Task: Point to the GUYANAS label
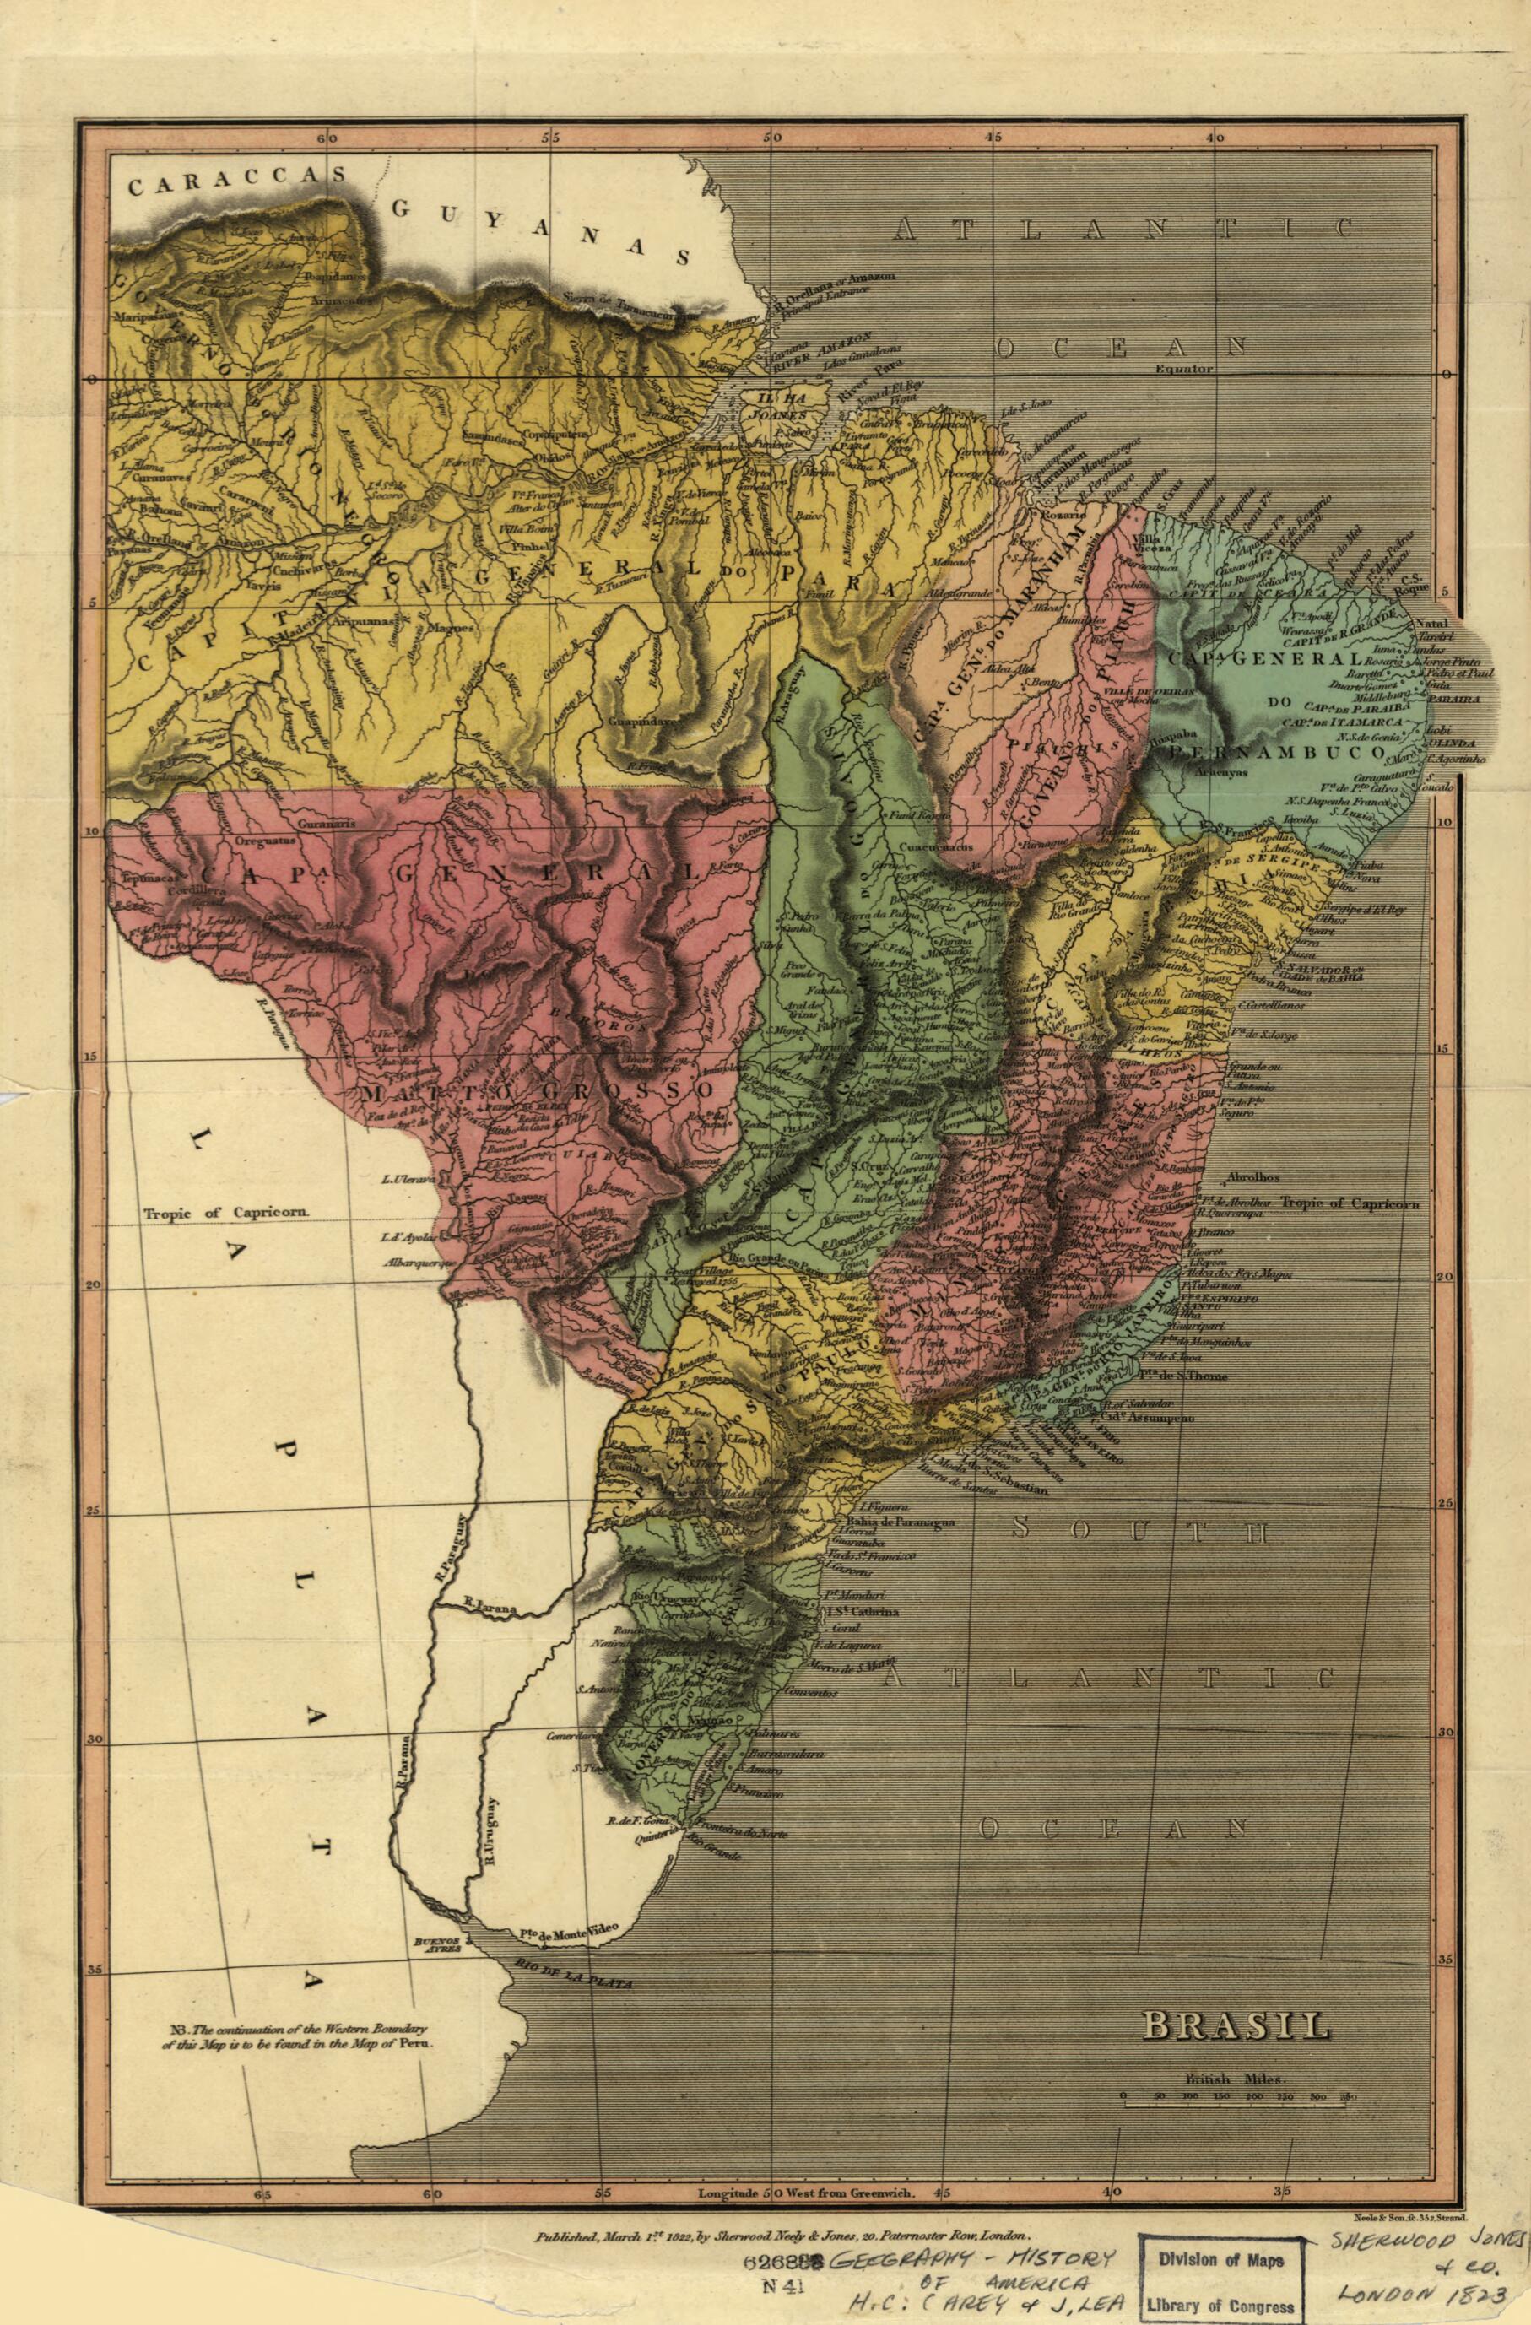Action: [542, 230]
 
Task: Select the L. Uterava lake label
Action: [409, 1181]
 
